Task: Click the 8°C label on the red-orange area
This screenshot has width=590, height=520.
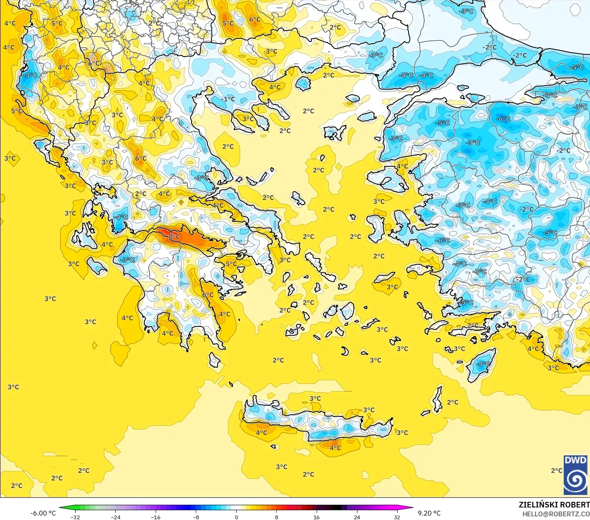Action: pyautogui.click(x=175, y=237)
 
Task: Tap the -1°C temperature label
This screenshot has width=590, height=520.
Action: pyautogui.click(x=228, y=99)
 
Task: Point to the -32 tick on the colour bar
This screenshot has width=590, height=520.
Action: pyautogui.click(x=75, y=517)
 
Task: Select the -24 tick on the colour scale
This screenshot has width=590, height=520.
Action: pyautogui.click(x=116, y=517)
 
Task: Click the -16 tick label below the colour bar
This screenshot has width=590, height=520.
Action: pyautogui.click(x=156, y=517)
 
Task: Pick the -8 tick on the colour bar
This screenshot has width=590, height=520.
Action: pyautogui.click(x=196, y=517)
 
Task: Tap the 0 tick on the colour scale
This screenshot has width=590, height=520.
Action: pyautogui.click(x=237, y=517)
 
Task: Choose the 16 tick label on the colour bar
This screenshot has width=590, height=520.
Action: pyautogui.click(x=316, y=517)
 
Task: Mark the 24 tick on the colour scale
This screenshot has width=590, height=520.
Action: pyautogui.click(x=357, y=517)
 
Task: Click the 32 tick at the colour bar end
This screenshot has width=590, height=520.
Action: pyautogui.click(x=397, y=517)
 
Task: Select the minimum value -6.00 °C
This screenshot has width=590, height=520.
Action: pyautogui.click(x=43, y=513)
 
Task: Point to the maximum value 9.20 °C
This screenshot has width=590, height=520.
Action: pyautogui.click(x=429, y=513)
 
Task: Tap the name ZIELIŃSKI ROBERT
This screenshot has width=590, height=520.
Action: pyautogui.click(x=554, y=505)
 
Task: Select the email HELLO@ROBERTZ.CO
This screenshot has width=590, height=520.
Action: pyautogui.click(x=556, y=514)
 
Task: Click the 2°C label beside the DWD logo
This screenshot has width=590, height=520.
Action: pyautogui.click(x=556, y=471)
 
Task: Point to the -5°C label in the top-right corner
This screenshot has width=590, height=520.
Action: pyautogui.click(x=577, y=67)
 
